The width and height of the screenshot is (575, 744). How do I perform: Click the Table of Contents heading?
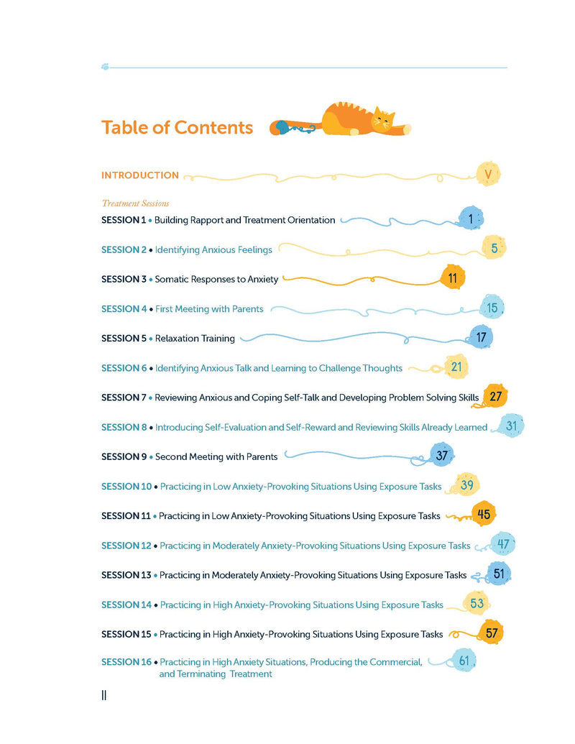(x=177, y=127)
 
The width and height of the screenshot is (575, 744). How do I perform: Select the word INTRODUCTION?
(x=140, y=175)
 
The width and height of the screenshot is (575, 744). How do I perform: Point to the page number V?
(x=489, y=175)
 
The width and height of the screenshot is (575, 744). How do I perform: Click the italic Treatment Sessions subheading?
(x=135, y=203)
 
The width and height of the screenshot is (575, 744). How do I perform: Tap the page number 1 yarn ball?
(x=471, y=219)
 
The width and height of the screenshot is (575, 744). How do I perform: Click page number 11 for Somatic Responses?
(x=452, y=277)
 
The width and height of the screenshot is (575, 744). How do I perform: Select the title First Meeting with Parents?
(x=209, y=309)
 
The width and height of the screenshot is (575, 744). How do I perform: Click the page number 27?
(x=495, y=396)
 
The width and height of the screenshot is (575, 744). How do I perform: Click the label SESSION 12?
(x=126, y=546)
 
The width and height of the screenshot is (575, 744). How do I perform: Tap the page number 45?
(x=483, y=514)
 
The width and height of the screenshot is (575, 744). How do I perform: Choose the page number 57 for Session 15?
(x=492, y=633)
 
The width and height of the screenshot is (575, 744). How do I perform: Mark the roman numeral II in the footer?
(x=104, y=695)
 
